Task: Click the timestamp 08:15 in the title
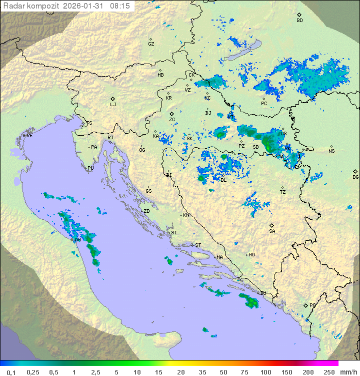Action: coord(120,6)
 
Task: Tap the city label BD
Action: coord(299,21)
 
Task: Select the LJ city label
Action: coord(113,104)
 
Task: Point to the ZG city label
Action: coord(172,120)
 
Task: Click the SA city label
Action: coord(272,231)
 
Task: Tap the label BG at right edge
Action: coord(355,177)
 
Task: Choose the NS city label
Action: coord(331,151)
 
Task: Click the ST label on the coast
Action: coord(198,245)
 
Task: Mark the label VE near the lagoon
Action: coord(29,135)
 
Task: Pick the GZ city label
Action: coord(151,44)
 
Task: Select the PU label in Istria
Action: coord(90,168)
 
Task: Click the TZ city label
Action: coord(283,192)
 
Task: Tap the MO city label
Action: coord(251,254)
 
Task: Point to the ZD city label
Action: coord(146,211)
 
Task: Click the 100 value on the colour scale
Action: coord(265,372)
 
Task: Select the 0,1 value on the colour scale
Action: coord(11,372)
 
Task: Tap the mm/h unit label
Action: coord(347,372)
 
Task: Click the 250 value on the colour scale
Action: coord(328,372)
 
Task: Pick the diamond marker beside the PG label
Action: coord(305,305)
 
